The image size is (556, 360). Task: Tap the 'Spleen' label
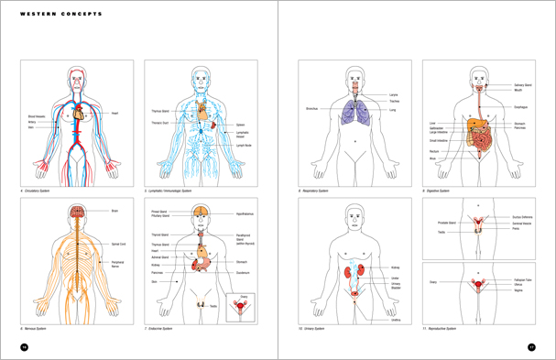[241, 125]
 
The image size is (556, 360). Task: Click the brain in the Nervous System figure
[79, 212]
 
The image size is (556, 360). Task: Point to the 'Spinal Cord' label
[117, 244]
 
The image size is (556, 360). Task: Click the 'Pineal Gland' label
[160, 210]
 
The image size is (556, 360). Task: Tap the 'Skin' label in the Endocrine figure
[154, 282]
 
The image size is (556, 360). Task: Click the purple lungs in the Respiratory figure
[352, 112]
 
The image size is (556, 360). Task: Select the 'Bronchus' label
[314, 108]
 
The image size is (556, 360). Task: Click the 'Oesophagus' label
[519, 107]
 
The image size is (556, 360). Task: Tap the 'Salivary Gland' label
[523, 84]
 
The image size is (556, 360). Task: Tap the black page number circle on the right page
[531, 346]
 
